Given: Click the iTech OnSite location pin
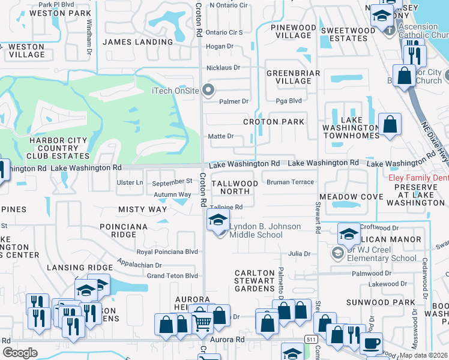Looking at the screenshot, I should click(x=209, y=91).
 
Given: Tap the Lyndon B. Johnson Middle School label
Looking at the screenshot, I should click(x=256, y=231).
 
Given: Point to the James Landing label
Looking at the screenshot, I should click(x=137, y=42).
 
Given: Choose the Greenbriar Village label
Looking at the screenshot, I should click(x=289, y=77).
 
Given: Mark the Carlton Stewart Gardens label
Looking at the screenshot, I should click(x=255, y=280).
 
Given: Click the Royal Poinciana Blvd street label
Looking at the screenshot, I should click(x=167, y=252).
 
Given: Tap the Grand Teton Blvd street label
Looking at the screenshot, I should click(x=172, y=276).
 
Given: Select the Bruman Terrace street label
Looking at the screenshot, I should click(x=291, y=182).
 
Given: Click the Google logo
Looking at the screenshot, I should click(x=20, y=352).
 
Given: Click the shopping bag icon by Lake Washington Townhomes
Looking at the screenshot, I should click(x=390, y=125).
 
